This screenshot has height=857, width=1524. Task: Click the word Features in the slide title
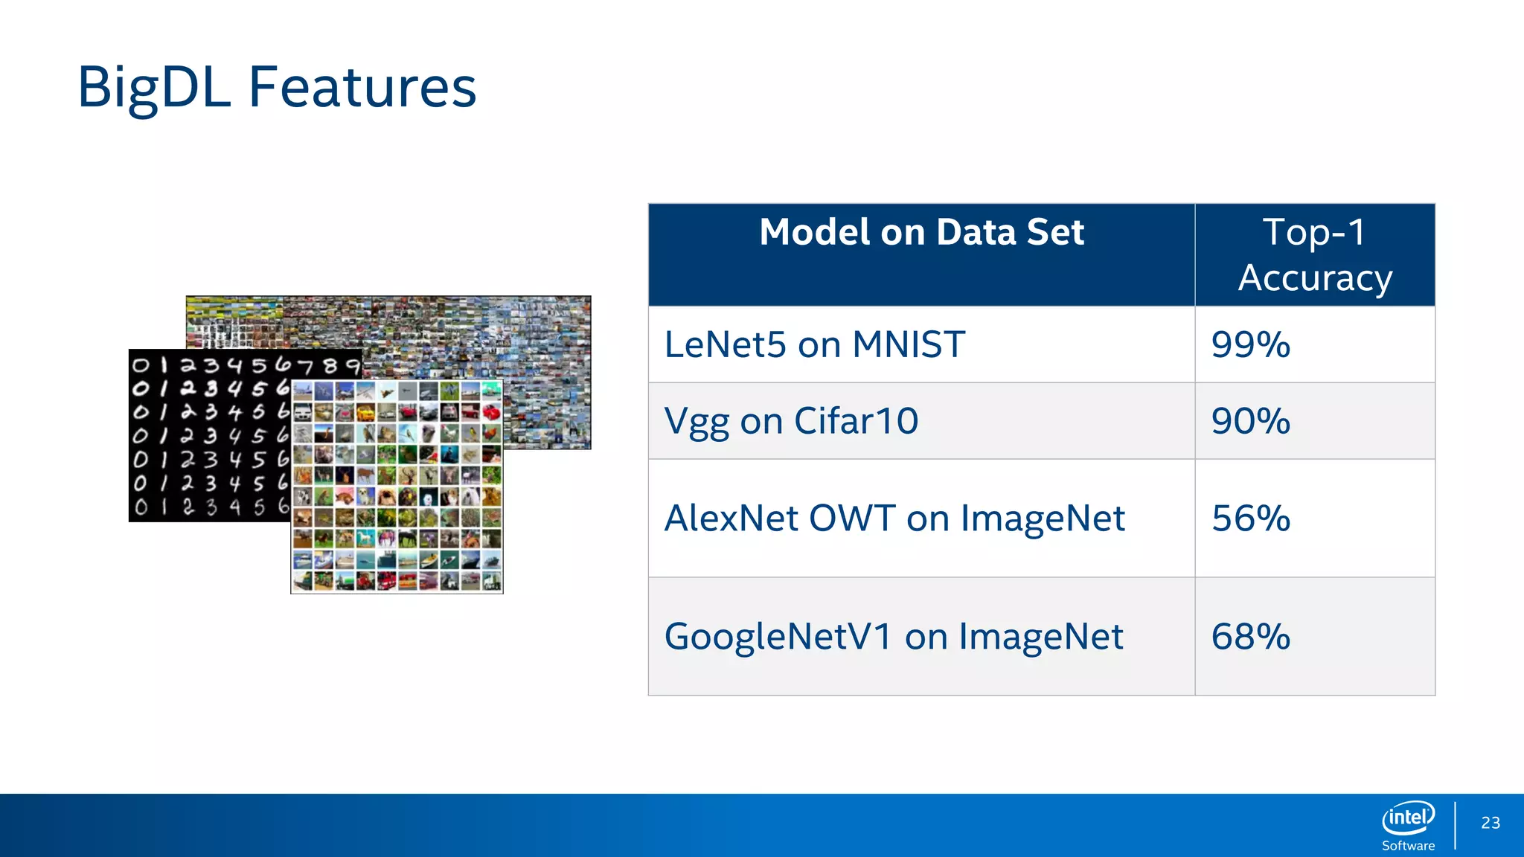click(362, 88)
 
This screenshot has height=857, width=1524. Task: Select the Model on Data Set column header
click(921, 232)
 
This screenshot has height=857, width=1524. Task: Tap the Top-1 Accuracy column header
click(1314, 254)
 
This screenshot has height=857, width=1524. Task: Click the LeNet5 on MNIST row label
click(814, 345)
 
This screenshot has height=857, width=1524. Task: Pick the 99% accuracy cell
click(1250, 345)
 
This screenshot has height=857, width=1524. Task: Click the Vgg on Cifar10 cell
click(791, 421)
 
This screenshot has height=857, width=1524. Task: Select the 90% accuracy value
click(1250, 421)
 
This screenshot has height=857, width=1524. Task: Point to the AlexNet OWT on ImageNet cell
click(894, 519)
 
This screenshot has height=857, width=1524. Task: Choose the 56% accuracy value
click(1250, 519)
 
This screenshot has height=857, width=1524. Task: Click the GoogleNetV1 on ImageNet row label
click(893, 637)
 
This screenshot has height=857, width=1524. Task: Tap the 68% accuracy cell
click(1250, 637)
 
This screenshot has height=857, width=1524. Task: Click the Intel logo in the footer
click(1408, 818)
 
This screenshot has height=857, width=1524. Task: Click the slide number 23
click(1491, 823)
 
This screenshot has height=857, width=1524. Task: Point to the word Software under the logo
click(1408, 846)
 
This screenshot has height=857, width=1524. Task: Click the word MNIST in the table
click(909, 345)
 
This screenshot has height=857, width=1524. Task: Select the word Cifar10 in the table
click(856, 421)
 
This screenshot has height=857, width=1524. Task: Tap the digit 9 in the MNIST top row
click(352, 365)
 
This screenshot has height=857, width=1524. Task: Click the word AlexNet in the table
click(731, 519)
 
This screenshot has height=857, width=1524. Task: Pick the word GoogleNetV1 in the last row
click(778, 637)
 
